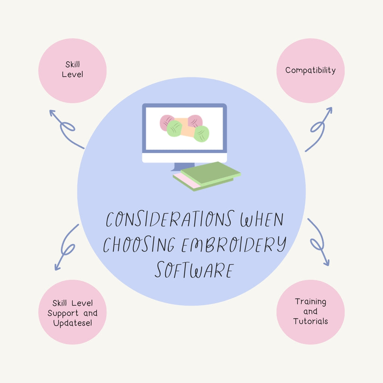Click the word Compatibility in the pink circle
310,71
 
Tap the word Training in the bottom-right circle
310,302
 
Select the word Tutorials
310,321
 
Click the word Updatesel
73,323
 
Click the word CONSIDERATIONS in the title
169,219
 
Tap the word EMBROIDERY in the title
233,245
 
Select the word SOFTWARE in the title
193,270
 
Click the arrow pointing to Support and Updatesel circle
66,247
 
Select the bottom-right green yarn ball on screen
201,133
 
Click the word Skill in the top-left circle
73,64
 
